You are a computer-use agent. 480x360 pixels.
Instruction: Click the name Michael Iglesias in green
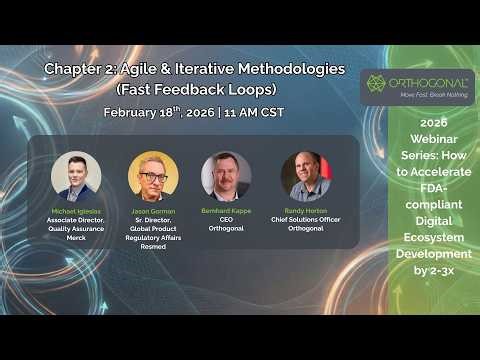coord(76,211)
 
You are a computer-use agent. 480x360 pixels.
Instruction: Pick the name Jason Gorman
coord(153,211)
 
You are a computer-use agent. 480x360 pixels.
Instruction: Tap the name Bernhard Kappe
coord(226,211)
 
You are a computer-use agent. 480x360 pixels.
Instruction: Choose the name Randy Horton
coord(305,211)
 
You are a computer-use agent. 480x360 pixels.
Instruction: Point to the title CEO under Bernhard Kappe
coord(226,219)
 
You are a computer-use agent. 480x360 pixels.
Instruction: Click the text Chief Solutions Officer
coord(305,219)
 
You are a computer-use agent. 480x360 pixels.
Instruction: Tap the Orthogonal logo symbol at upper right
coord(377,82)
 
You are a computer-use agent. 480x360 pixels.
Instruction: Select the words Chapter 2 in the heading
coord(80,69)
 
